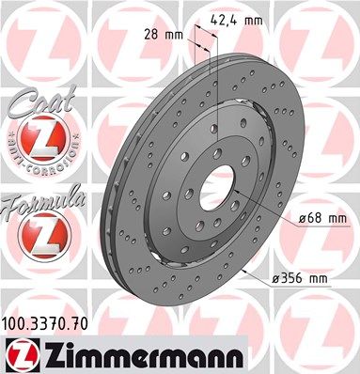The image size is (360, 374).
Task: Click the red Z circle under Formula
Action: (37, 230)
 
